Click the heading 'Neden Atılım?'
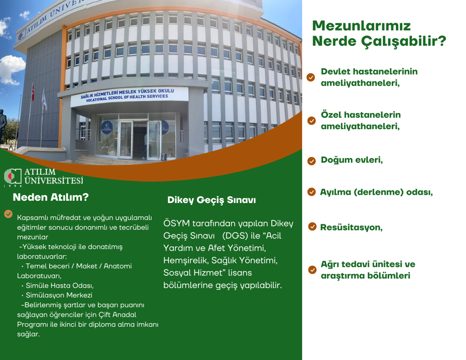[51, 198]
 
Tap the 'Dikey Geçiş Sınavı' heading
[212, 200]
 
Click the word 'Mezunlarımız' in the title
[361, 25]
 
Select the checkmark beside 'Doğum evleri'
[312, 161]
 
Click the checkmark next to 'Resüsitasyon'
[312, 227]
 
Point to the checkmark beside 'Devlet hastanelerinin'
[311, 77]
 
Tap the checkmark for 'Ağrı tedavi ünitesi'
[312, 270]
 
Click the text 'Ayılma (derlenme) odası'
[376, 192]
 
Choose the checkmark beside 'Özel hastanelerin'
[312, 121]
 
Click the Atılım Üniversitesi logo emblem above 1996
[12, 176]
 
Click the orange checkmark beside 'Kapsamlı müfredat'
[8, 214]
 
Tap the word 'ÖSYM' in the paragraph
[177, 224]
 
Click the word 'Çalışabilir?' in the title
[403, 41]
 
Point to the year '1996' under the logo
[12, 186]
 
